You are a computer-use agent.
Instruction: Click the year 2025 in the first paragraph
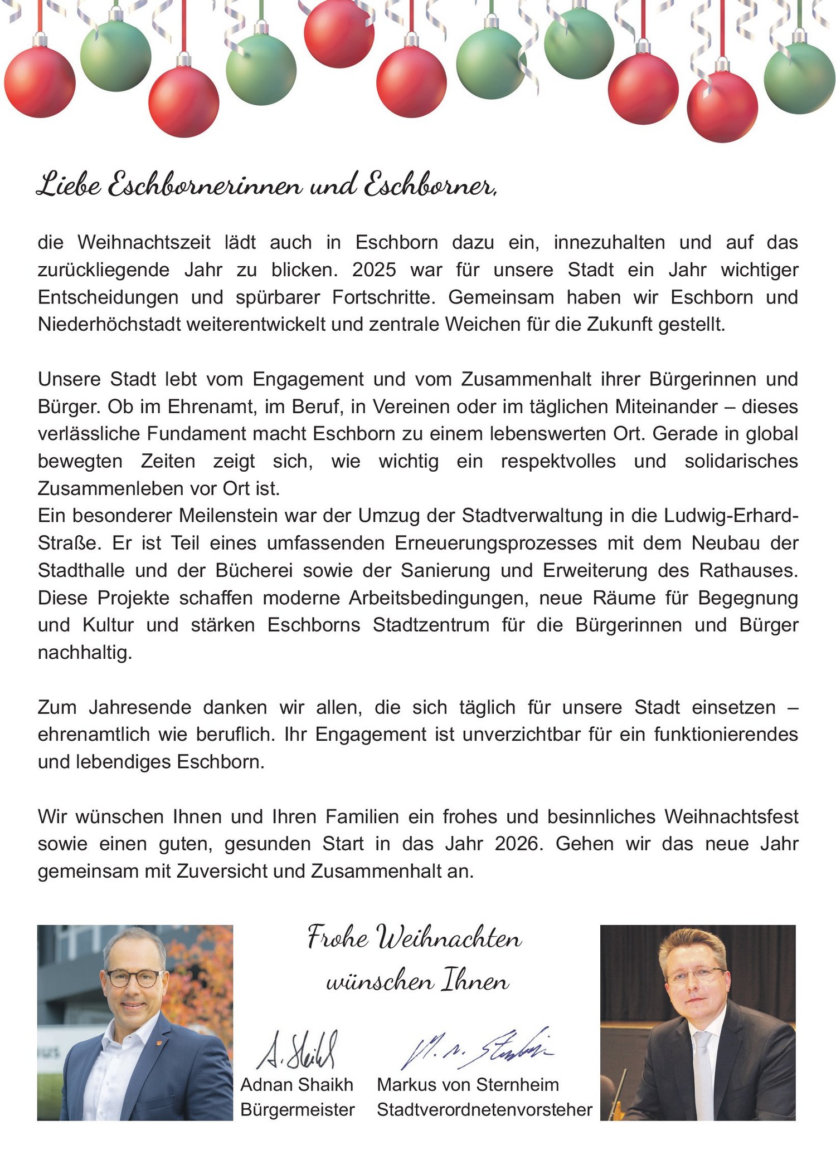tap(373, 270)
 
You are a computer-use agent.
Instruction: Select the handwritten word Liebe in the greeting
tap(69, 185)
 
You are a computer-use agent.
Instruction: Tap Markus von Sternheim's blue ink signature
tap(477, 1049)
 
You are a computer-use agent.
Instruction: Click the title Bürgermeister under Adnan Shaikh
tap(298, 1110)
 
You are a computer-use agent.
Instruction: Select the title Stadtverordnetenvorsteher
tap(484, 1110)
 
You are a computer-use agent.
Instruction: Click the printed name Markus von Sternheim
tap(468, 1085)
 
